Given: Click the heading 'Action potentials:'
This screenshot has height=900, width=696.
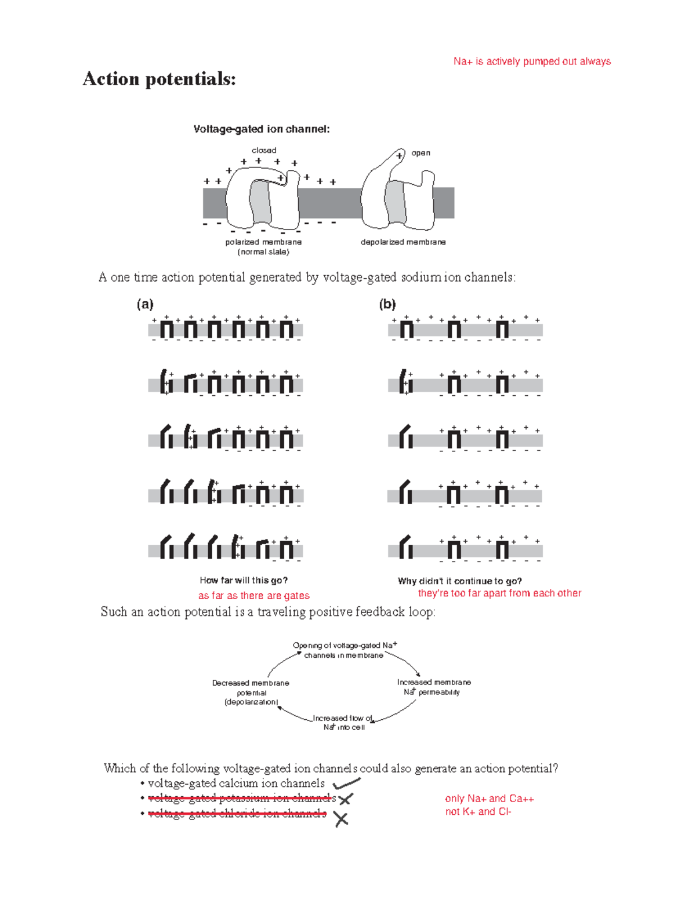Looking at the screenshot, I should point(159,79).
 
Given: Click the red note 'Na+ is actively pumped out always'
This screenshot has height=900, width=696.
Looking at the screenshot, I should point(532,61).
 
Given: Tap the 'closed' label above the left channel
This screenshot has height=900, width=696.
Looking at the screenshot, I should point(264,150).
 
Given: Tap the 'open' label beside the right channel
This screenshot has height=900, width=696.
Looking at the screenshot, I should point(420,153).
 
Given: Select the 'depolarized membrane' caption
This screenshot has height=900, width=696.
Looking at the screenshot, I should point(403,242).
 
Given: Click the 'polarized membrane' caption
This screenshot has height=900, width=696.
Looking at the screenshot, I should point(263,242).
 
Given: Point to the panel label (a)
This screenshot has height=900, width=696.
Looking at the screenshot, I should point(145,304).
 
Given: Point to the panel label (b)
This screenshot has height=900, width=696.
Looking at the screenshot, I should point(387,304).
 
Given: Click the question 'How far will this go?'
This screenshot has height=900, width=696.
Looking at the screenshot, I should point(244,580).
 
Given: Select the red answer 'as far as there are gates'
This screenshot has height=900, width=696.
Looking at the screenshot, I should point(253,596).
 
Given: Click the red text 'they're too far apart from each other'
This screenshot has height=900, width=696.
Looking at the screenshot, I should point(499,593).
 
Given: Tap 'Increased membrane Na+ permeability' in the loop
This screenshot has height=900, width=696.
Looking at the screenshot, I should point(433,687).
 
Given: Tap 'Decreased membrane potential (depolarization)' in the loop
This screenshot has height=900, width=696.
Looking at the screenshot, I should point(251,693).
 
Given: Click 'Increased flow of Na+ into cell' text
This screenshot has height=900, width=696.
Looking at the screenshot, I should point(343,723).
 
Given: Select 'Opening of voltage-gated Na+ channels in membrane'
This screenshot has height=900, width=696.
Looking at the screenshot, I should point(345,650).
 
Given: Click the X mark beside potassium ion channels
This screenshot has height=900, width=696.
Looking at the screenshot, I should point(345,800).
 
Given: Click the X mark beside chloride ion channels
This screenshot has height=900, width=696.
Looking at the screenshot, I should point(341,819).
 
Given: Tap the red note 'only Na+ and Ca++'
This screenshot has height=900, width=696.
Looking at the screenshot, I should point(489,799).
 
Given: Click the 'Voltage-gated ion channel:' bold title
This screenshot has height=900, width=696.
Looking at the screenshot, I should point(262,129).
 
